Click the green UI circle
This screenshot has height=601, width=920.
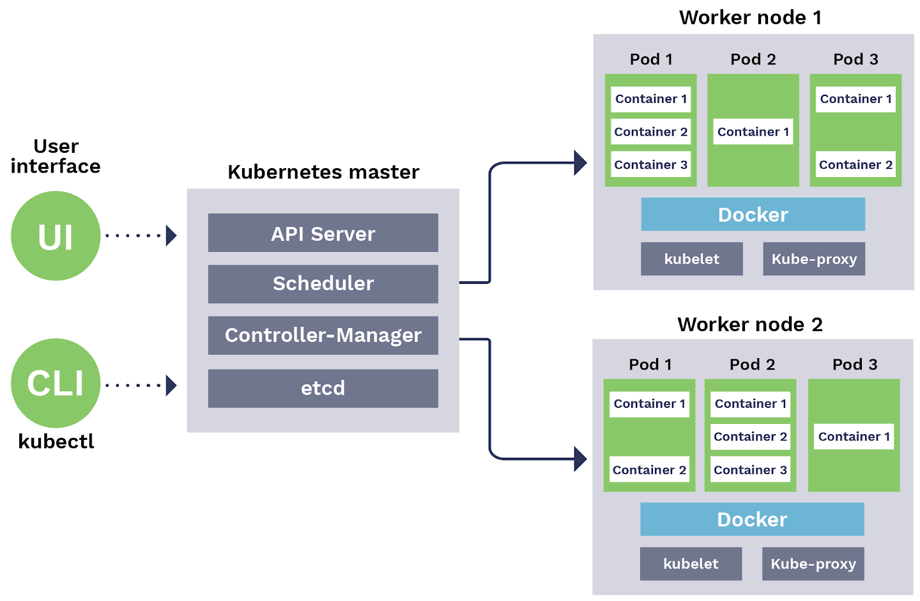pyautogui.click(x=56, y=236)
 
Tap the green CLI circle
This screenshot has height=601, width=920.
pyautogui.click(x=56, y=383)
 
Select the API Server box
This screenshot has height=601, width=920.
pyautogui.click(x=323, y=233)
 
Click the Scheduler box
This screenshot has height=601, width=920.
pyautogui.click(x=323, y=284)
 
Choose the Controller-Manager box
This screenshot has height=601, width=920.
pyautogui.click(x=323, y=335)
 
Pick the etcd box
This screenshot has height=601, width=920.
pyautogui.click(x=323, y=388)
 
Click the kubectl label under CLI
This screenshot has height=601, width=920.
pyautogui.click(x=56, y=442)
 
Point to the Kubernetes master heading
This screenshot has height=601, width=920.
pyautogui.click(x=323, y=172)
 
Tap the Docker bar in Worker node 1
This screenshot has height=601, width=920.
pyautogui.click(x=753, y=214)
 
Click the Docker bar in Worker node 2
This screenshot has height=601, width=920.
pyautogui.click(x=752, y=519)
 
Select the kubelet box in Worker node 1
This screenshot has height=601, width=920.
pyautogui.click(x=691, y=259)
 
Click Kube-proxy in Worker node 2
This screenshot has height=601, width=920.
pyautogui.click(x=813, y=564)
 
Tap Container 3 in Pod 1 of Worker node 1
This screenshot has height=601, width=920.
pyautogui.click(x=650, y=165)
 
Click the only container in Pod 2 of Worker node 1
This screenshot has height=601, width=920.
pyautogui.click(x=753, y=132)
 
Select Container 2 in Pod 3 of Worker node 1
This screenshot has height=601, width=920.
pyautogui.click(x=855, y=165)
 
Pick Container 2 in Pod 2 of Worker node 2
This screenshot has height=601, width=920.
pyautogui.click(x=750, y=437)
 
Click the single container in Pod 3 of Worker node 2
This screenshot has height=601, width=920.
pyautogui.click(x=854, y=437)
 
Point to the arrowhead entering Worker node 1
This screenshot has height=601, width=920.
pyautogui.click(x=580, y=162)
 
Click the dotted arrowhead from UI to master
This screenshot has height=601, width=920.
pyautogui.click(x=171, y=235)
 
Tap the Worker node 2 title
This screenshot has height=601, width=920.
pyautogui.click(x=750, y=324)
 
